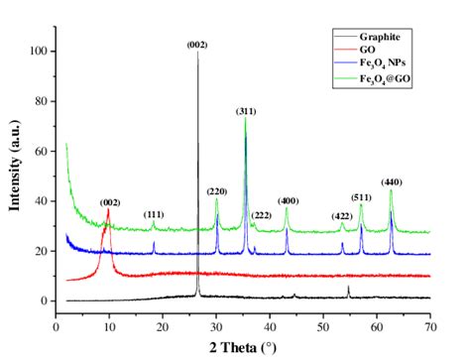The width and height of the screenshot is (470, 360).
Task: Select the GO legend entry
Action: tap(370, 49)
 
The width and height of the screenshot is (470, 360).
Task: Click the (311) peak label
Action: tap(245, 111)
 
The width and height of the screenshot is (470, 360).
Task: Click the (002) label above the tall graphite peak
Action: tap(197, 45)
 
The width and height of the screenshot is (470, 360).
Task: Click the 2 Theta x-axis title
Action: tap(244, 347)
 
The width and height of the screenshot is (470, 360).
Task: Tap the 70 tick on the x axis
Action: tap(429, 324)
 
